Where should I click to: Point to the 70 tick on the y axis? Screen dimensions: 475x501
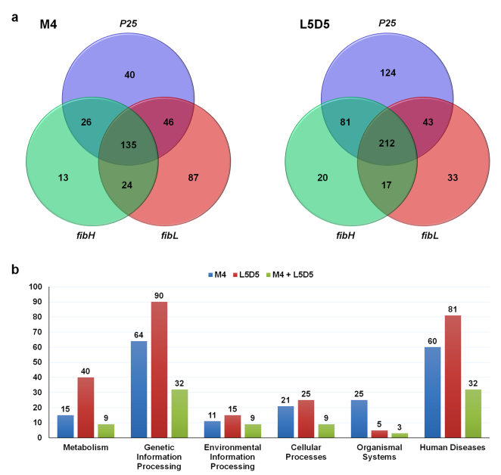(x=33, y=332)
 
